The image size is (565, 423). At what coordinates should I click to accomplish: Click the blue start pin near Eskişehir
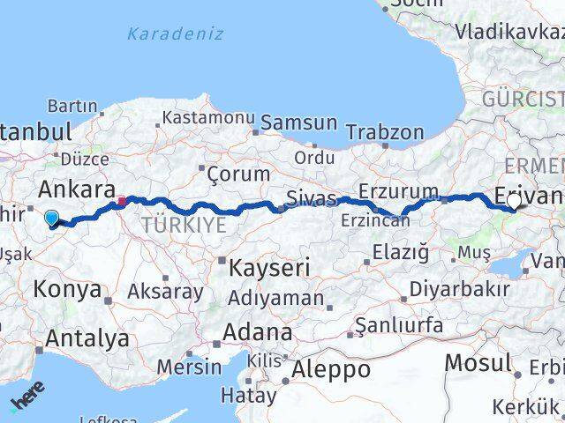tap(51, 219)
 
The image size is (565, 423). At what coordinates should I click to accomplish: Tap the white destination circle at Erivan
tap(514, 201)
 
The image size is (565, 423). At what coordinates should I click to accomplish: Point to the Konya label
tap(66, 288)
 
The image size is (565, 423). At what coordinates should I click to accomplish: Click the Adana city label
tap(258, 333)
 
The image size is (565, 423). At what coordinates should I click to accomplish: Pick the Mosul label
tap(478, 362)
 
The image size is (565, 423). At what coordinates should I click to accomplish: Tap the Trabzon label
tap(385, 132)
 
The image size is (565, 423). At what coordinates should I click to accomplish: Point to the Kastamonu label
tap(208, 117)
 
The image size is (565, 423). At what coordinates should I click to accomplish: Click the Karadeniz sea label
tap(175, 33)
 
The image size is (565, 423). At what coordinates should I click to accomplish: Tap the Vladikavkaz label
tap(509, 33)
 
